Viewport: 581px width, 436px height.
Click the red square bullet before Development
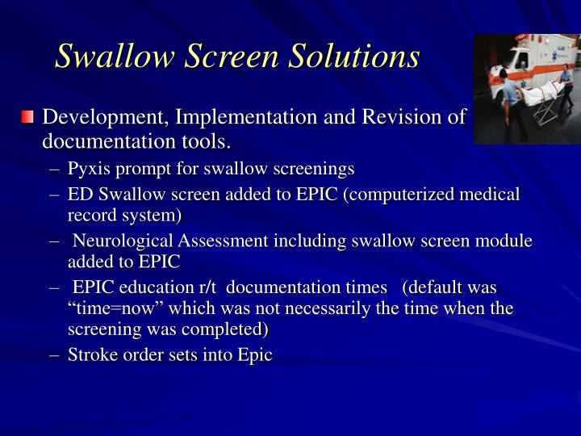28,118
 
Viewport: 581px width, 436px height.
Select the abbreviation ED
80,195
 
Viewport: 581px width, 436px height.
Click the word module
504,241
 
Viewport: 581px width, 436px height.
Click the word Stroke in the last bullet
91,354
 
